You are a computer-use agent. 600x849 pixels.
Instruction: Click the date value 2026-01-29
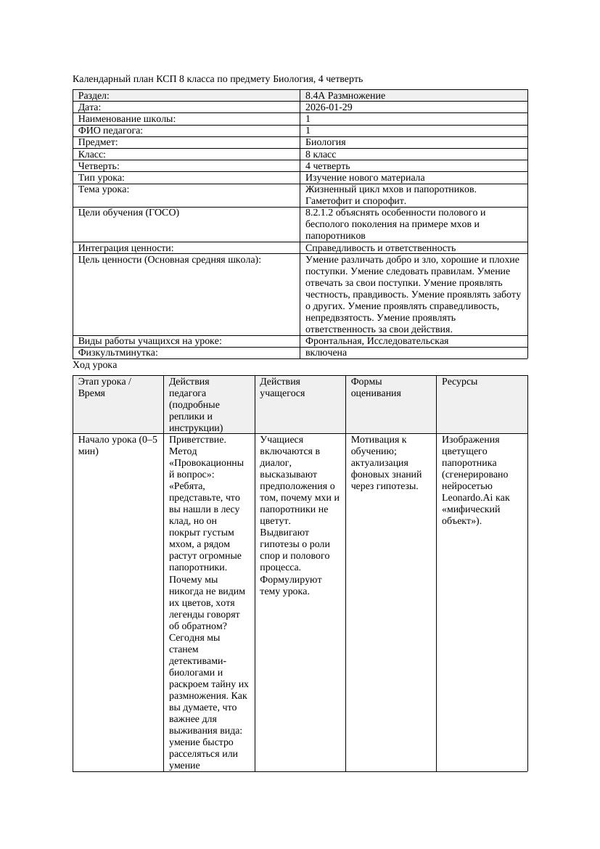(329, 107)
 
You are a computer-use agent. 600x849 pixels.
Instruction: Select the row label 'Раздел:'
(94, 96)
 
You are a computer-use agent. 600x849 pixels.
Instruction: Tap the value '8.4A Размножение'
(345, 96)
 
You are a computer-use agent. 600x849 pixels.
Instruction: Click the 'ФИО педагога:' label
(110, 131)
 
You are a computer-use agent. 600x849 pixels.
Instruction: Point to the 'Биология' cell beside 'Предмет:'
(325, 142)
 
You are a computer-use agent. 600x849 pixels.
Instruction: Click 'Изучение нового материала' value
(365, 178)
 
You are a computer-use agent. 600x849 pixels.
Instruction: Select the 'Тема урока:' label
(104, 189)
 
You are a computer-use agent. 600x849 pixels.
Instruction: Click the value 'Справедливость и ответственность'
(380, 248)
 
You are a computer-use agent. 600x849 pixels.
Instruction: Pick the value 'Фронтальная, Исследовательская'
(377, 341)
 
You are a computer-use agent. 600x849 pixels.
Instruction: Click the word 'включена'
(326, 353)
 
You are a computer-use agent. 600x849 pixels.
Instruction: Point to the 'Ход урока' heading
(95, 365)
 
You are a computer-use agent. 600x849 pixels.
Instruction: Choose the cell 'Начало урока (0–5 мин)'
(117, 445)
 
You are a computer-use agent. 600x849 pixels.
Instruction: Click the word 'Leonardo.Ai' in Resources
(466, 498)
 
